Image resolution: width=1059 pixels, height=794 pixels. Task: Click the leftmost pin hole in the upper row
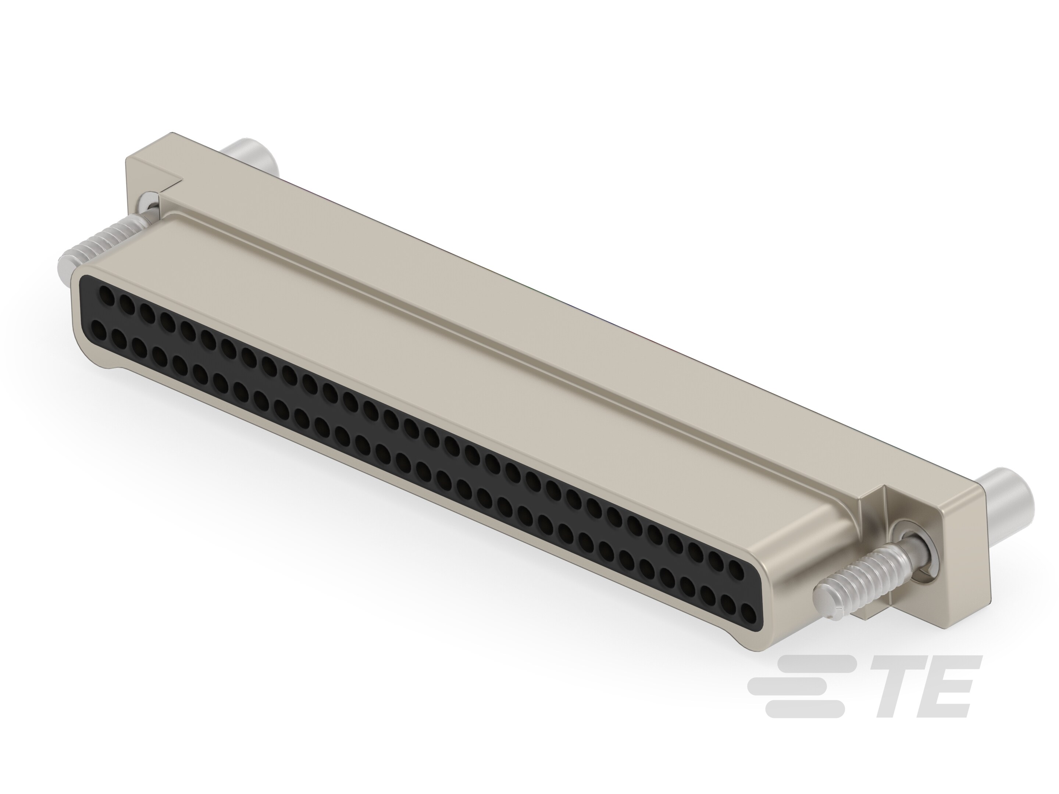click(108, 298)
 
